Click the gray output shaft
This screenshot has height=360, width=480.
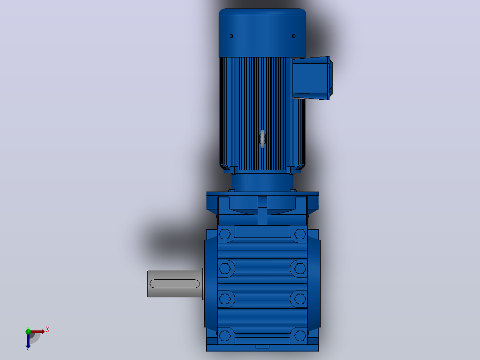(x=175, y=284)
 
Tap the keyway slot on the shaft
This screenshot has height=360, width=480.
(x=175, y=284)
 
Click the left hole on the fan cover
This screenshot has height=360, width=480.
(x=231, y=36)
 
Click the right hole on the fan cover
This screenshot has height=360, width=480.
(x=293, y=36)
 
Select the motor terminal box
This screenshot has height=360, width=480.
(x=312, y=78)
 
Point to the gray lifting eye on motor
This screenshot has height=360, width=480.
(x=262, y=139)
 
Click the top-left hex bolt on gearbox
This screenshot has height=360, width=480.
(x=225, y=234)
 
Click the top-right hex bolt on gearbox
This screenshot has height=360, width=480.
(x=300, y=234)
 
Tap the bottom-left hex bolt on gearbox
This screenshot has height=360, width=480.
(x=225, y=336)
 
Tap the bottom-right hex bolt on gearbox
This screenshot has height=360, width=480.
(x=300, y=336)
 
